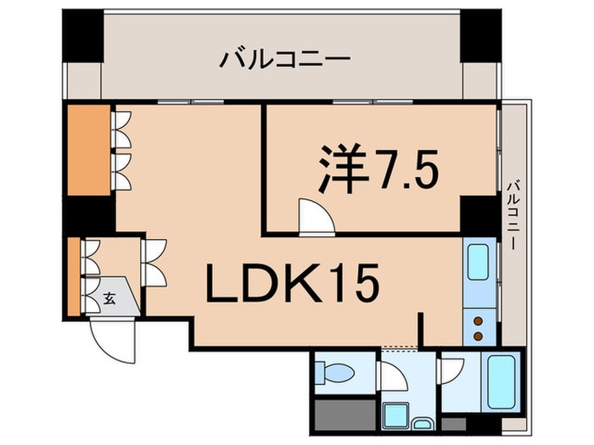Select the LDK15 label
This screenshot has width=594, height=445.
click(291, 286)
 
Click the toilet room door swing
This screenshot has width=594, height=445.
click(395, 374)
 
